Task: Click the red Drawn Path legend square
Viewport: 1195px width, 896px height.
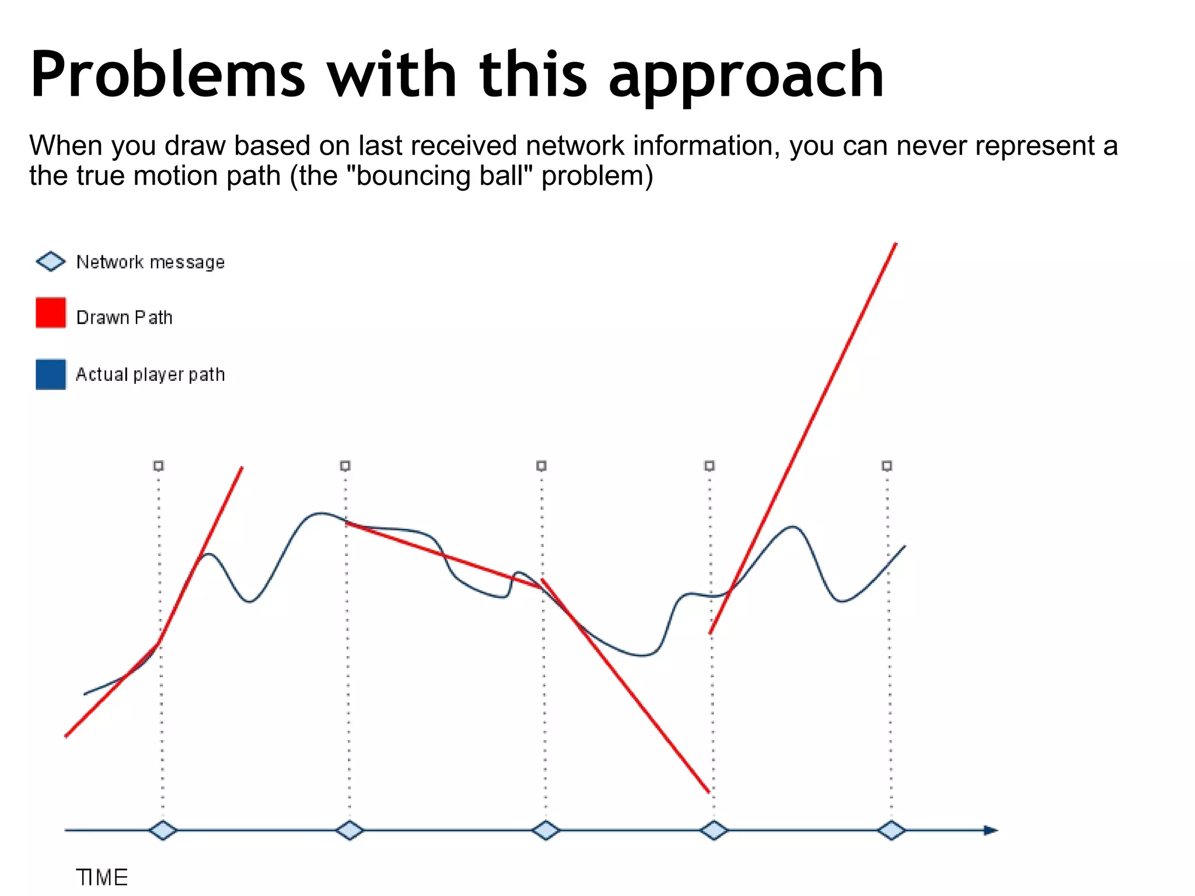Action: click(51, 313)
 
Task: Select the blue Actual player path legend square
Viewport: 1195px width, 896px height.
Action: click(51, 374)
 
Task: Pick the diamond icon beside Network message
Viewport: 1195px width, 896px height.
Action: click(51, 261)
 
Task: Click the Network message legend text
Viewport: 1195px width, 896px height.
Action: click(151, 262)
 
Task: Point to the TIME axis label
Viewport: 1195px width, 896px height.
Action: click(102, 877)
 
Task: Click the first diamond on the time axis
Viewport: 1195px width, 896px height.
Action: click(163, 830)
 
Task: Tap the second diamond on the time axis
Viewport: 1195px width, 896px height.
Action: click(350, 830)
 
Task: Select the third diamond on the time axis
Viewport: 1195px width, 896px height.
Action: click(546, 830)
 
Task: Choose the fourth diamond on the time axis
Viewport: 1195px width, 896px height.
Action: click(714, 830)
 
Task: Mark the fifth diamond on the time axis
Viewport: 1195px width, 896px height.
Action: click(891, 830)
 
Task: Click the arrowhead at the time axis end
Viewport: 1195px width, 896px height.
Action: click(991, 830)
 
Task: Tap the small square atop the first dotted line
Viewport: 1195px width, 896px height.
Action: click(159, 466)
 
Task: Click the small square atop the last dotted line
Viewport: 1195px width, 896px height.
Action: click(887, 466)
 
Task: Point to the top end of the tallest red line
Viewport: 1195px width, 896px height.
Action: click(896, 244)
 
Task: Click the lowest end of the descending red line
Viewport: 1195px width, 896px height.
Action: click(708, 792)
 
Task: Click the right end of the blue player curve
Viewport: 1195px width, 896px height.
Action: click(904, 546)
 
